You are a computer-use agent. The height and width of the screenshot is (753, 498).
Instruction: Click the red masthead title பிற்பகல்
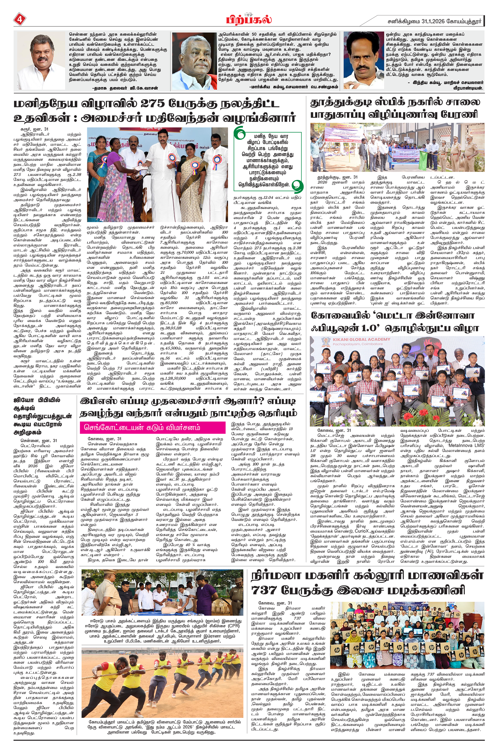(249, 20)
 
